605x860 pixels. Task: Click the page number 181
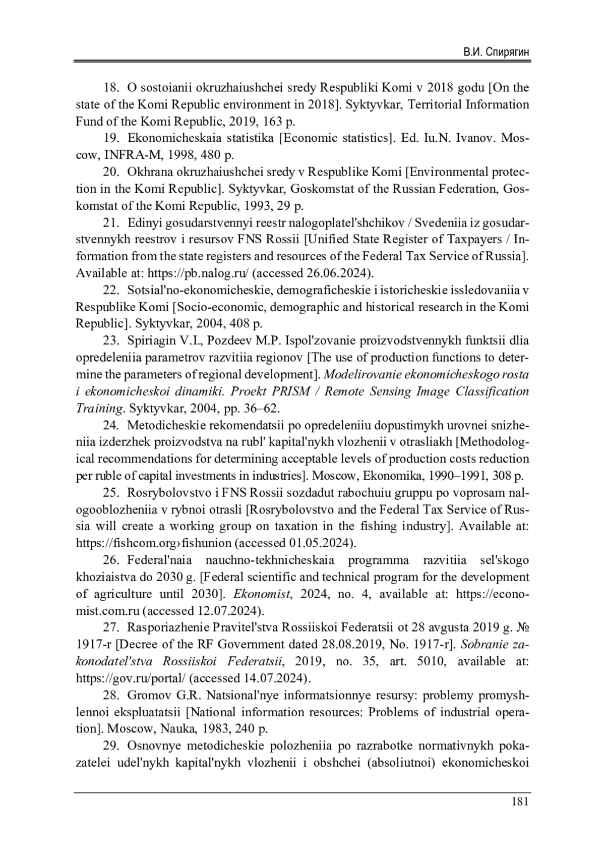[x=519, y=801]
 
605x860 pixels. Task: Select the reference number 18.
[x=111, y=88]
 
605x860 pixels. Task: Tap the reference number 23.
[x=111, y=341]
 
